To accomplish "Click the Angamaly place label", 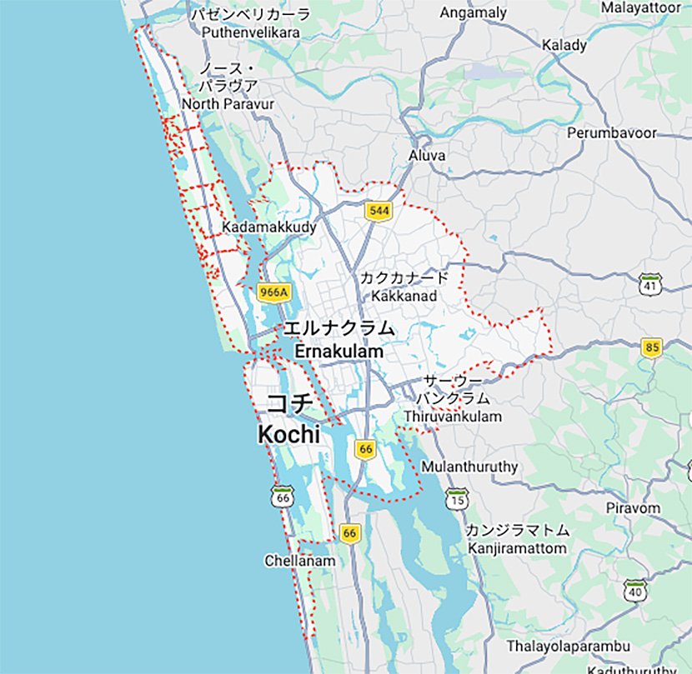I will pyautogui.click(x=473, y=12).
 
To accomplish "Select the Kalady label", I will pyautogui.click(x=564, y=45).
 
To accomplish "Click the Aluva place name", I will pyautogui.click(x=427, y=156).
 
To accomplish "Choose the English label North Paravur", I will pyautogui.click(x=228, y=103).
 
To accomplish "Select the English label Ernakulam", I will pyautogui.click(x=338, y=352).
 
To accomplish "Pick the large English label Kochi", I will pyautogui.click(x=289, y=434).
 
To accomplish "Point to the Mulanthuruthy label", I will pyautogui.click(x=469, y=467).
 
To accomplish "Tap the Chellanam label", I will pyautogui.click(x=300, y=561).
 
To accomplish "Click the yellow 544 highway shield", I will pyautogui.click(x=379, y=212).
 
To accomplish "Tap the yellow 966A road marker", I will pyautogui.click(x=273, y=292).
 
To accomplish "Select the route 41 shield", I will pyautogui.click(x=650, y=284).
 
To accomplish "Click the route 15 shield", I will pyautogui.click(x=457, y=499).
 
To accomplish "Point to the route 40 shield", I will pyautogui.click(x=635, y=591).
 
